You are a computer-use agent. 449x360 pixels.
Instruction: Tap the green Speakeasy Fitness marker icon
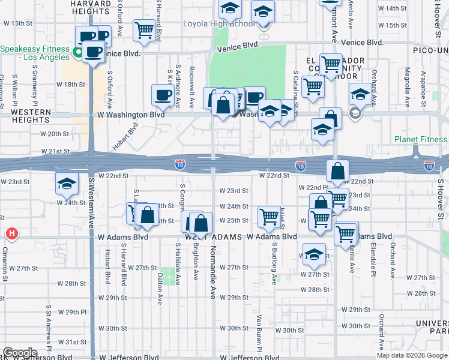77,53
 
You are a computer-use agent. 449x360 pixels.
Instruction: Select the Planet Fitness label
421,140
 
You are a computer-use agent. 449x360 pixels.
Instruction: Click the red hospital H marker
11,233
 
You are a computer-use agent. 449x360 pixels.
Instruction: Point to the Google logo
20,353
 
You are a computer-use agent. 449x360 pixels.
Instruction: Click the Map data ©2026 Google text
412,355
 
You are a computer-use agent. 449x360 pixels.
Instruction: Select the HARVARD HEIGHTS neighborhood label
91,8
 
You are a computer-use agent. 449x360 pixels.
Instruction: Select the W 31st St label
76,342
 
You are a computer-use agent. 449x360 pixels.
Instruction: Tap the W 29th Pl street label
76,313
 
